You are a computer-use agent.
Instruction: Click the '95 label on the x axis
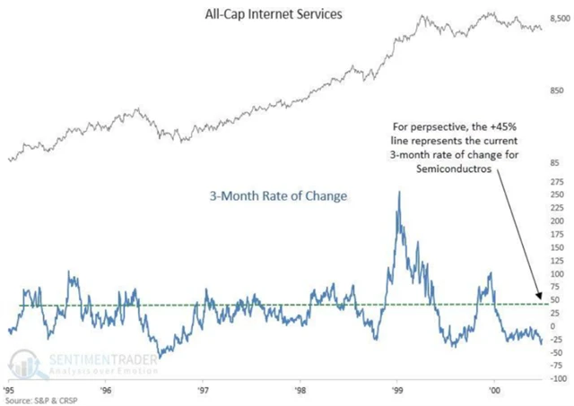(x=10, y=391)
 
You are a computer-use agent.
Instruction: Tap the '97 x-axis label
(x=204, y=391)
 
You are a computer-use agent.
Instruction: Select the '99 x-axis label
(x=397, y=391)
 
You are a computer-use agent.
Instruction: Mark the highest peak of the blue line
(x=399, y=192)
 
